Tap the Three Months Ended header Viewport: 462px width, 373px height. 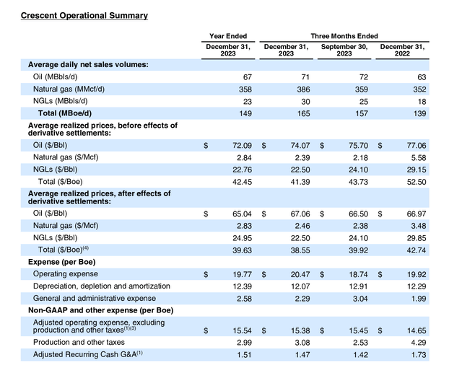(x=344, y=35)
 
